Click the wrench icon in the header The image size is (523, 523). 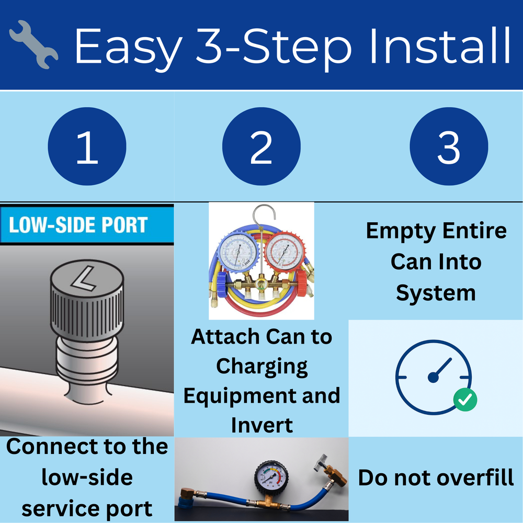(x=33, y=44)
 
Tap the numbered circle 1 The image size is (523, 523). (x=87, y=146)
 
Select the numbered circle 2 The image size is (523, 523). (x=261, y=146)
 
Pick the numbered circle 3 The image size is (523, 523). (x=449, y=146)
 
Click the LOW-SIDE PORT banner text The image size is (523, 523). (x=78, y=225)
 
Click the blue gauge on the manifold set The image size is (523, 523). (x=238, y=251)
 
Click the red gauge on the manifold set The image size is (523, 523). (x=284, y=251)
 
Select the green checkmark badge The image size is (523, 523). (x=465, y=400)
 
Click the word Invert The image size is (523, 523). (x=262, y=425)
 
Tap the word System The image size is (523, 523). (x=436, y=293)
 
